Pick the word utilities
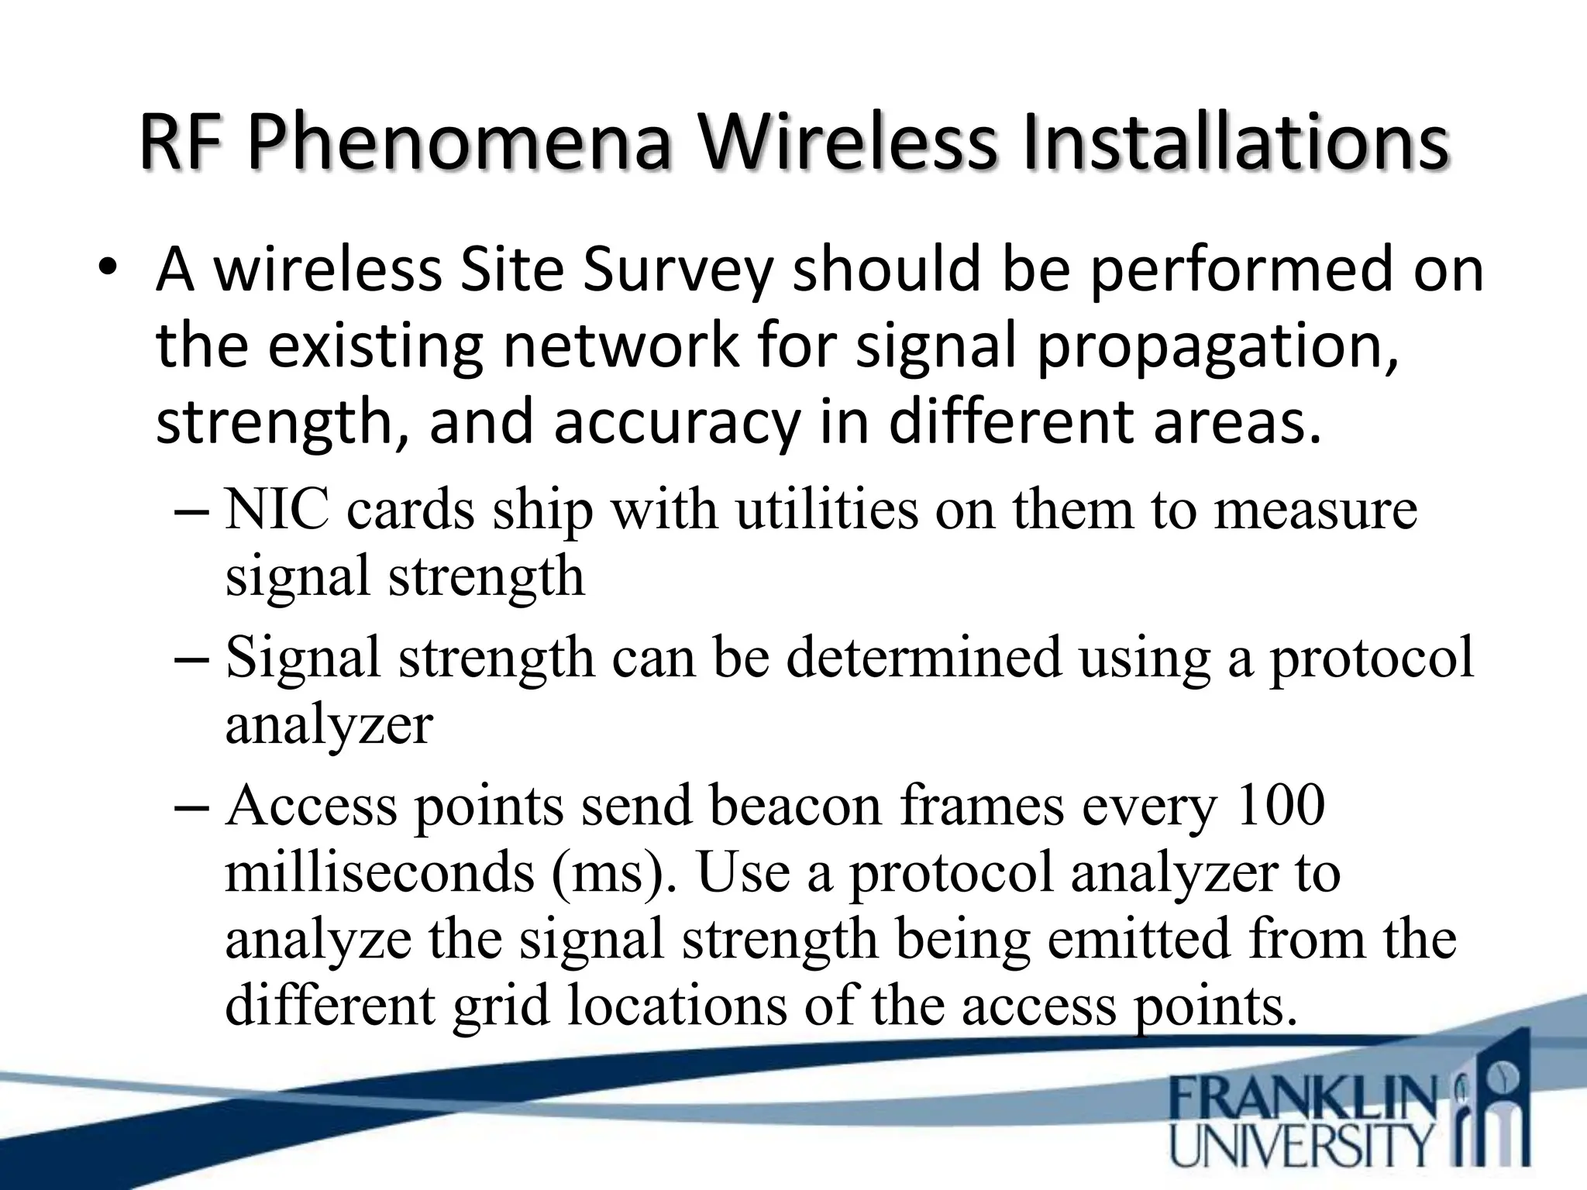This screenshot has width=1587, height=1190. (x=826, y=511)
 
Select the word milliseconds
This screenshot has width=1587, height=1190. (x=380, y=872)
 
